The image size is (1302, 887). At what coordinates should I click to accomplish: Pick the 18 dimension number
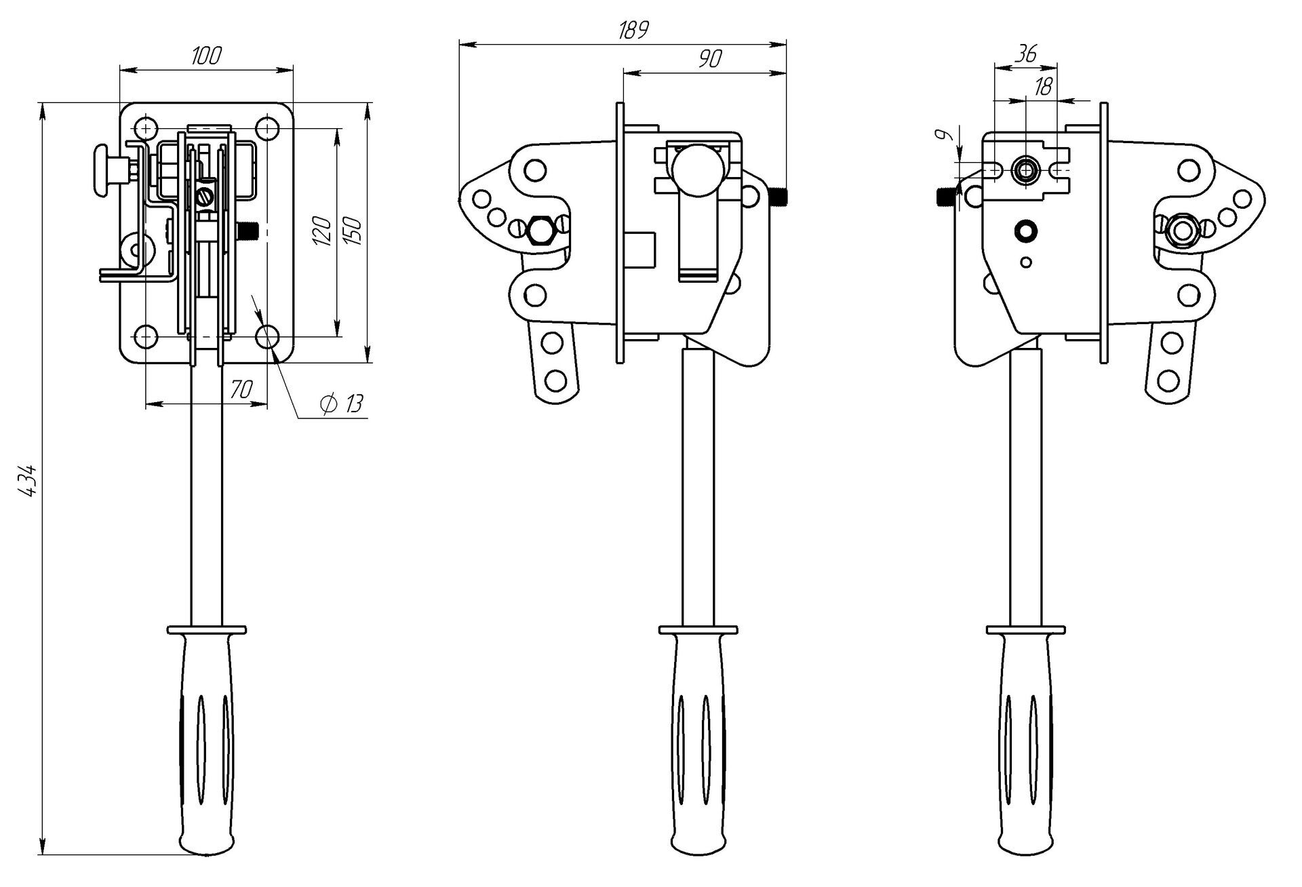coord(1044,86)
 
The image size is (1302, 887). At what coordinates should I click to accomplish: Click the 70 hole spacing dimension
coord(242,389)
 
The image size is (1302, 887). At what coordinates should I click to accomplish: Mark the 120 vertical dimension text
coord(323,231)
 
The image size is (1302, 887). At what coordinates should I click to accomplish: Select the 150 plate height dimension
coord(354,231)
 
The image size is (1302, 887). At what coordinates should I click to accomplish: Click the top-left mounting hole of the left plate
coord(145,128)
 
